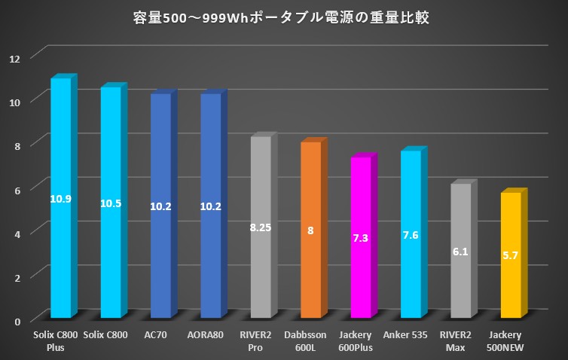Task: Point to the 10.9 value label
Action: [x=60, y=199]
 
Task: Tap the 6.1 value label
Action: [x=460, y=252]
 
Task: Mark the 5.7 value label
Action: [x=510, y=256]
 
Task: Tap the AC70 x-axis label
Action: [x=160, y=334]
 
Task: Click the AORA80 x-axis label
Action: [x=210, y=334]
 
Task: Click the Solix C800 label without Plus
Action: [x=110, y=334]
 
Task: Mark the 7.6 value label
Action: [x=411, y=235]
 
